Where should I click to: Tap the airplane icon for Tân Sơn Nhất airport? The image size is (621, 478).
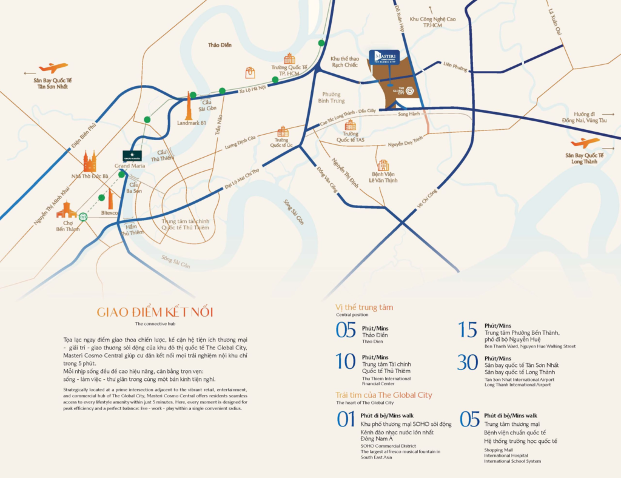(53, 68)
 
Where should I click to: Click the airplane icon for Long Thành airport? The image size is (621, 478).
(585, 143)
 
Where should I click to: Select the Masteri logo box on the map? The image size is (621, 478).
(384, 57)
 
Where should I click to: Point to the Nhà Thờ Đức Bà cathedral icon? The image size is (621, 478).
(90, 161)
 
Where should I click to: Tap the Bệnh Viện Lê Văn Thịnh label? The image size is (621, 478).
(383, 177)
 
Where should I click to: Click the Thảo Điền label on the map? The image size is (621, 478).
(220, 45)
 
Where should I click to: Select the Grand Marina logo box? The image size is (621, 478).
(132, 155)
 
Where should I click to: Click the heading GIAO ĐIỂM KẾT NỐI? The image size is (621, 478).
(155, 312)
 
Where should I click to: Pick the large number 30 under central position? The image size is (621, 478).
(468, 362)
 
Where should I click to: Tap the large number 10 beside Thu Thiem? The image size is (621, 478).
(345, 362)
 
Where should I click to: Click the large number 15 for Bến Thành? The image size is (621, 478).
(468, 329)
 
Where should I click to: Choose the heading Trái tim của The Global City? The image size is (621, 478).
(383, 395)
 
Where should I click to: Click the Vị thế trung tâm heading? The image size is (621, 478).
(364, 307)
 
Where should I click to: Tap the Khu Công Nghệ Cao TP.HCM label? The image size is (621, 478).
(432, 22)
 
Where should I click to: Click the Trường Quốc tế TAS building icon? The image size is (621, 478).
(350, 125)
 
